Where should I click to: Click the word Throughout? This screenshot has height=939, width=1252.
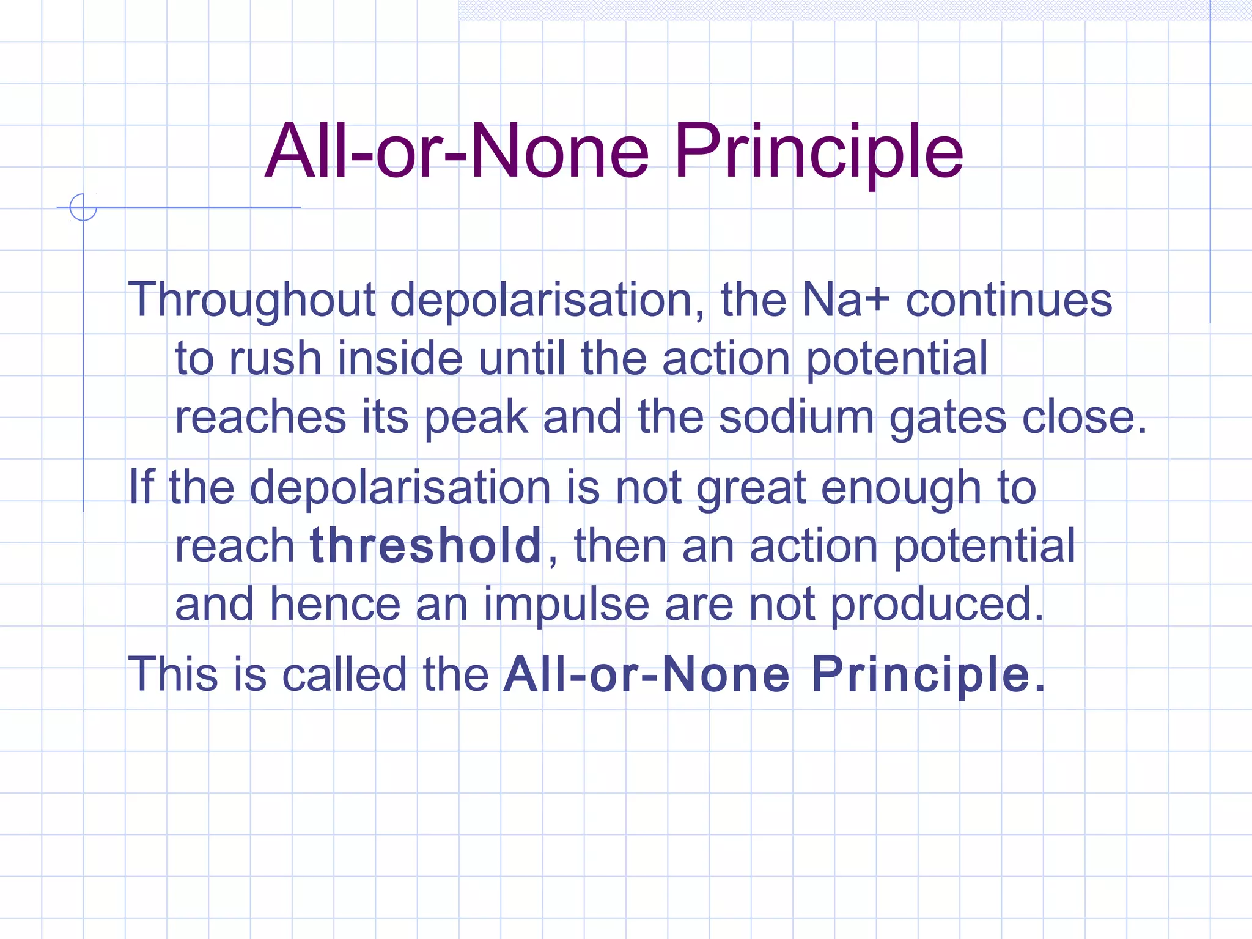(x=251, y=300)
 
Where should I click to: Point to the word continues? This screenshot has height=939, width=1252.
(x=1009, y=300)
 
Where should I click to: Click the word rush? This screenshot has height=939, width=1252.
(x=274, y=359)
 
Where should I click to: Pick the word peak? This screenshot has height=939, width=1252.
(x=476, y=418)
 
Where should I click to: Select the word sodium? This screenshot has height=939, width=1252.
(x=796, y=418)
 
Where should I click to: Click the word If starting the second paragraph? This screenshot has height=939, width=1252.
(x=141, y=487)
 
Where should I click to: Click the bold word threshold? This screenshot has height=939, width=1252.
(x=425, y=545)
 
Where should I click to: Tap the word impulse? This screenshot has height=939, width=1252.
(x=566, y=605)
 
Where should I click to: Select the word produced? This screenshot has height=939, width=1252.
(x=937, y=605)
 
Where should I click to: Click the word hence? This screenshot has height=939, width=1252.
(x=335, y=605)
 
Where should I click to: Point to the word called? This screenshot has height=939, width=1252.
(x=344, y=674)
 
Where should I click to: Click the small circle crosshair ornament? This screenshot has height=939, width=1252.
(x=83, y=207)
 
